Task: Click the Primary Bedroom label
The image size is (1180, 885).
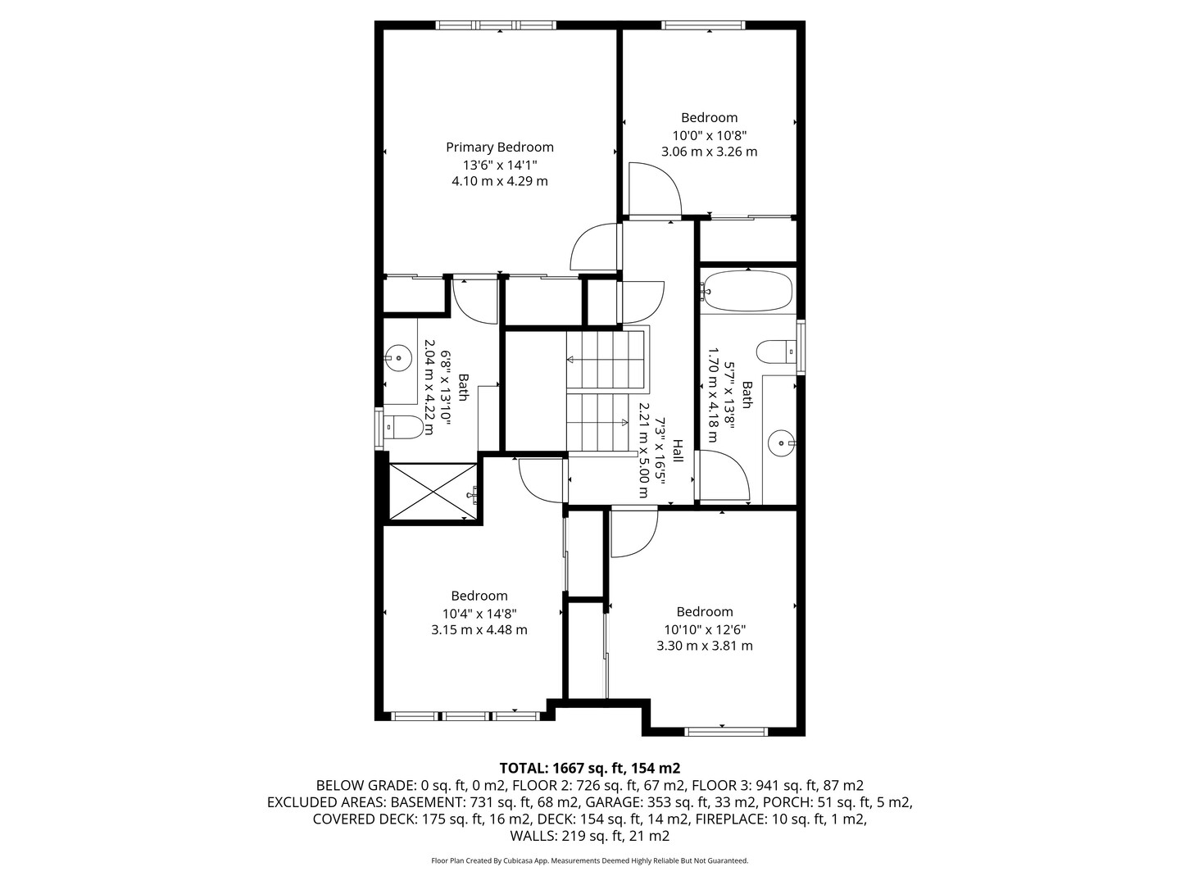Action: coord(499,147)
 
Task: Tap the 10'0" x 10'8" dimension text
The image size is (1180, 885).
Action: coord(709,135)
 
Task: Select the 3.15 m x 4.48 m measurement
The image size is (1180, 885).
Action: coord(479,630)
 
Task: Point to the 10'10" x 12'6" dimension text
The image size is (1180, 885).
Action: coord(704,629)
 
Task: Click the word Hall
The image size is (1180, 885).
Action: coord(678,451)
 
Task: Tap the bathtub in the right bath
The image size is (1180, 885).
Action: coord(748,291)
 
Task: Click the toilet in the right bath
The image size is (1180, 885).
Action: coord(776,352)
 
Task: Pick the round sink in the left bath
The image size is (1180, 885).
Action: coord(397,358)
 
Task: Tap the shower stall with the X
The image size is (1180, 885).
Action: coord(433,491)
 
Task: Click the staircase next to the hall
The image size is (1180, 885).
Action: coord(606,391)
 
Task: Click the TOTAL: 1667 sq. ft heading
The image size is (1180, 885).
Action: coord(590,767)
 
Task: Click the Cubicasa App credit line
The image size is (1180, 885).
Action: coord(590,860)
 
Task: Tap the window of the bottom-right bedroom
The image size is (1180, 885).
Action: coord(726,731)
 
